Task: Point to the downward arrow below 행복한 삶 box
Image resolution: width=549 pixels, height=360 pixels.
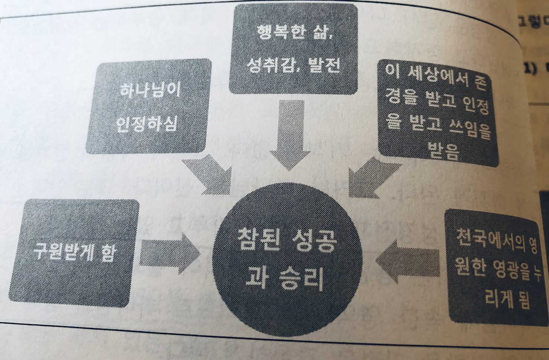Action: coord(291,134)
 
